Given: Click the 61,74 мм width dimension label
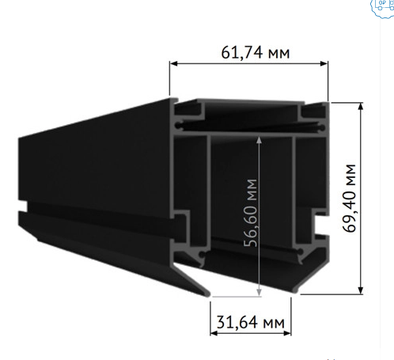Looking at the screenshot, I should (250, 53).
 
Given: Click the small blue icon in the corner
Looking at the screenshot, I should (382, 7).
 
